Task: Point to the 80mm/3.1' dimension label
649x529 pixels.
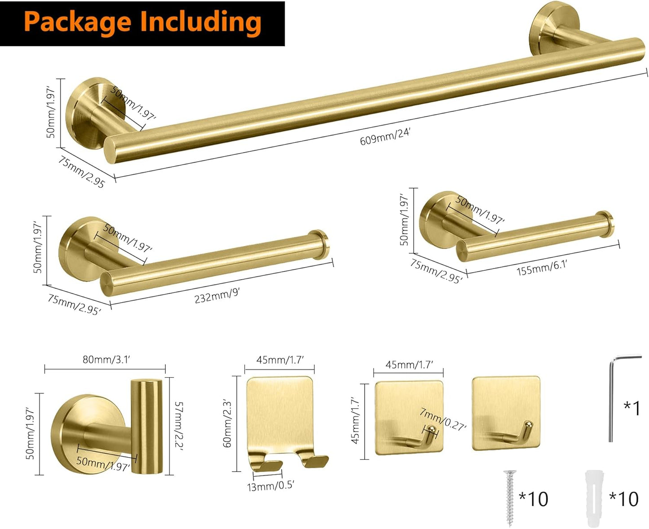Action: [x=106, y=360]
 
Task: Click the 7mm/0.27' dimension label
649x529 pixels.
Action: [x=443, y=419]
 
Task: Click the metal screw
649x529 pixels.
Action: [x=510, y=498]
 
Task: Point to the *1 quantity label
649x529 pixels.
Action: [x=631, y=408]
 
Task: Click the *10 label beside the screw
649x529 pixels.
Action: [x=534, y=498]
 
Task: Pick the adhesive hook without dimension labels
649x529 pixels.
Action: [x=506, y=413]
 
